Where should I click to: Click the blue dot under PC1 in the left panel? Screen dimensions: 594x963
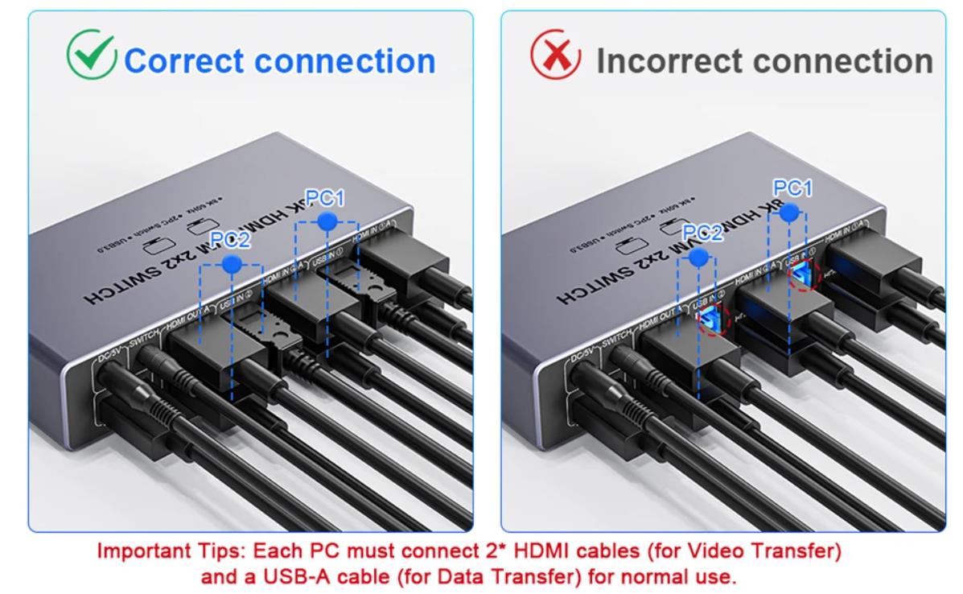coord(326,221)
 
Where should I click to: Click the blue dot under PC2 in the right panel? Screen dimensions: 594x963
coord(699,257)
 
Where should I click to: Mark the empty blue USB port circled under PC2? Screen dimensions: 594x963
coord(708,321)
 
